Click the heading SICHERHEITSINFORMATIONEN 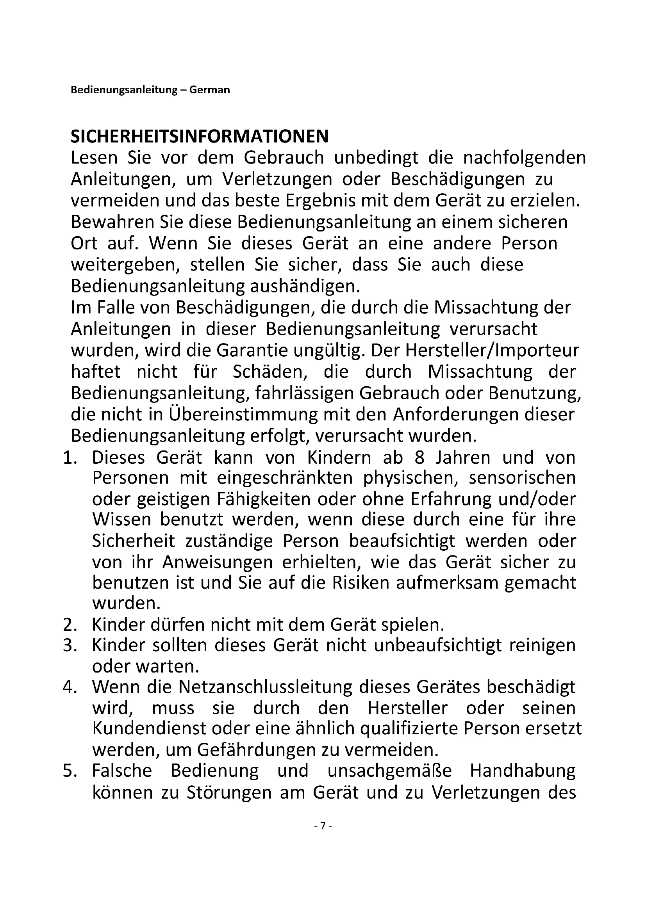pos(200,136)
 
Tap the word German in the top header pos(210,90)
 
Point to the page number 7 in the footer pos(323,825)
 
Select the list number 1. pos(70,458)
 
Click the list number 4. pos(70,687)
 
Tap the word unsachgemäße pos(390,771)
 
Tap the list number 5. pos(70,771)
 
